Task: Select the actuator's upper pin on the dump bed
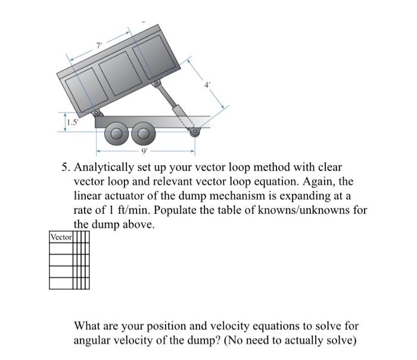(x=157, y=84)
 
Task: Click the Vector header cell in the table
(x=61, y=237)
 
